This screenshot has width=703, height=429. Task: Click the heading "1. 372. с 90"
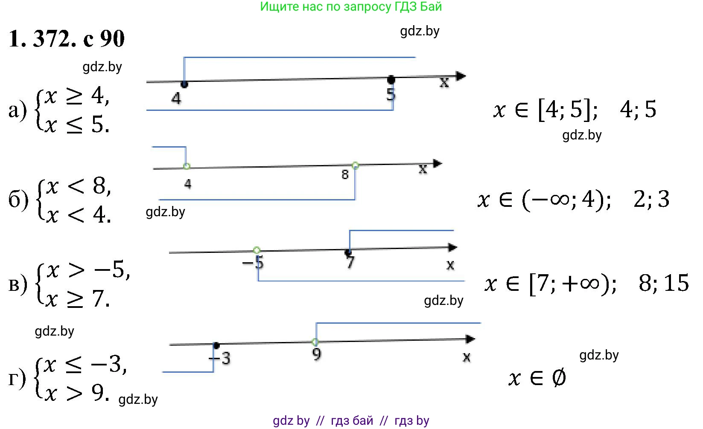click(x=67, y=38)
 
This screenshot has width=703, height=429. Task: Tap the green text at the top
click(x=351, y=6)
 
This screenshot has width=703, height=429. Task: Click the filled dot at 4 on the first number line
click(x=184, y=84)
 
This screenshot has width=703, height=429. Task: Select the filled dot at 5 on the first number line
click(x=391, y=80)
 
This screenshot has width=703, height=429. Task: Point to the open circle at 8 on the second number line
click(x=355, y=165)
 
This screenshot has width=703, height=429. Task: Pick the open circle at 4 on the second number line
click(x=187, y=166)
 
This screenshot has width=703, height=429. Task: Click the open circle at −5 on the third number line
click(x=257, y=250)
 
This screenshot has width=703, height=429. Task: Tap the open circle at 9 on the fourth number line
click(x=315, y=342)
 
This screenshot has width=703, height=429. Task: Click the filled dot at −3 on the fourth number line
click(x=216, y=345)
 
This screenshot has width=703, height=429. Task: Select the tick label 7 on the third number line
click(x=350, y=262)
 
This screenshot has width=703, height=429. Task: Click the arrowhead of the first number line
click(x=461, y=76)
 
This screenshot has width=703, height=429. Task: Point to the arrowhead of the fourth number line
click(x=470, y=339)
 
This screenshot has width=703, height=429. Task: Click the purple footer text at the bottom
click(x=351, y=420)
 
